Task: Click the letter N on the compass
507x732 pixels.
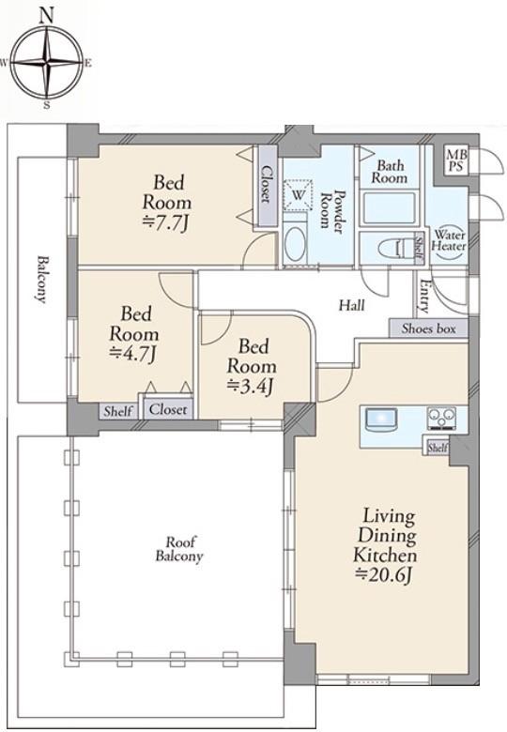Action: (x=46, y=16)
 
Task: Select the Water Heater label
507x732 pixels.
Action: (x=449, y=240)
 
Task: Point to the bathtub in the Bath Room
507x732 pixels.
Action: (x=390, y=207)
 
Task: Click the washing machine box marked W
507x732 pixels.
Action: (x=299, y=192)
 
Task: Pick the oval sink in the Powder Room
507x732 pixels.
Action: (x=295, y=245)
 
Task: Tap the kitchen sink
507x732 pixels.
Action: (x=381, y=419)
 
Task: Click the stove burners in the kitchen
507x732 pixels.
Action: (x=441, y=418)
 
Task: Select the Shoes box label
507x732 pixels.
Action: (x=428, y=328)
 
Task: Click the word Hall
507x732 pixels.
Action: (x=351, y=306)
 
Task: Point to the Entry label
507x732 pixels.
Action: (x=423, y=296)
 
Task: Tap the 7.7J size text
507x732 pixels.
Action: (x=165, y=224)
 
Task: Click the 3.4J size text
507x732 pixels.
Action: (x=250, y=387)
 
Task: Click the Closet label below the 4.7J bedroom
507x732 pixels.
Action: (x=168, y=409)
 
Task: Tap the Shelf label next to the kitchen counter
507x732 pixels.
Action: (x=438, y=448)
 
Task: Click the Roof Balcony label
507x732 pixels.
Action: (x=179, y=549)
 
